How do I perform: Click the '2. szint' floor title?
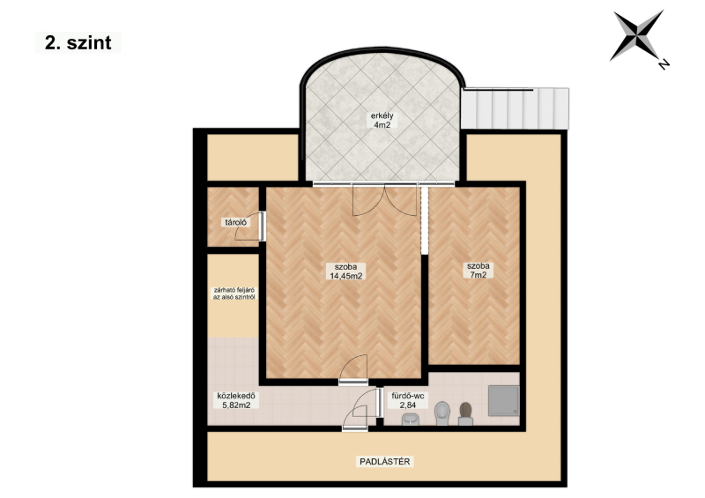[x=78, y=42]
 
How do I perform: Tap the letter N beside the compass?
[x=664, y=63]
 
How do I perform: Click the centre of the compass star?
[x=637, y=34]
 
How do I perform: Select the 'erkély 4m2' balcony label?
[x=382, y=120]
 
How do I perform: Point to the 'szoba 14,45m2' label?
[x=346, y=271]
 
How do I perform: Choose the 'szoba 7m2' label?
[x=478, y=270]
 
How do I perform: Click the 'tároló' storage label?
[x=235, y=222]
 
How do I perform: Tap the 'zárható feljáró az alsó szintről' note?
[x=234, y=294]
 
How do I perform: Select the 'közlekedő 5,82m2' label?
[x=236, y=400]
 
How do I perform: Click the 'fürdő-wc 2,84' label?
[x=407, y=400]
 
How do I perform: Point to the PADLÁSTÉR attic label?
[x=385, y=461]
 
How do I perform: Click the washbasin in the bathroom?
[x=410, y=420]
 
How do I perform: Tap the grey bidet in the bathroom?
[x=442, y=413]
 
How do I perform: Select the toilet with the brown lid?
[x=466, y=414]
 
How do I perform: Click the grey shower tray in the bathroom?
[x=504, y=400]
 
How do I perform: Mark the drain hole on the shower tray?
[x=515, y=411]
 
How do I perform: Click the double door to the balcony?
[x=385, y=200]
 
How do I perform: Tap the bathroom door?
[x=367, y=403]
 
